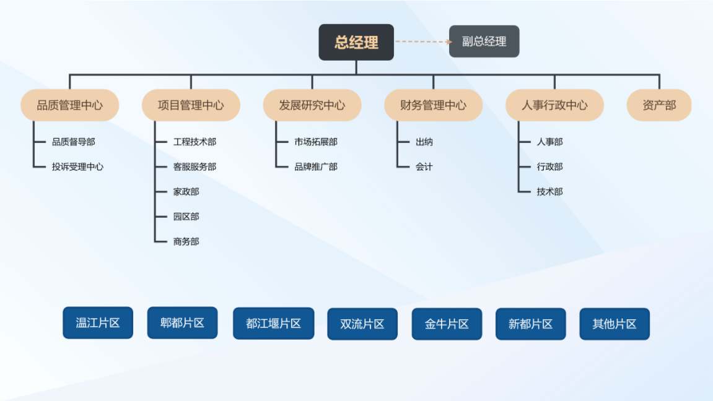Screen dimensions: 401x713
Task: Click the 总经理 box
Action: tap(356, 42)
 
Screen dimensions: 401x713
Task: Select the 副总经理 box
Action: tap(484, 41)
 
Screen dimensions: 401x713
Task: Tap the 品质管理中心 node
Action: tap(69, 105)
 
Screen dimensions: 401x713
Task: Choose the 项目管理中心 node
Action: tap(191, 105)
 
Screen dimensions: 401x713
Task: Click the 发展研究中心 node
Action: tap(312, 105)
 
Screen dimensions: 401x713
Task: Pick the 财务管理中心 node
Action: tap(433, 105)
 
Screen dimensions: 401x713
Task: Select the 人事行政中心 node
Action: tap(554, 105)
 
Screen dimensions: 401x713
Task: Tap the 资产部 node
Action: tap(659, 105)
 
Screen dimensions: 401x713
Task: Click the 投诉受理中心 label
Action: tap(77, 166)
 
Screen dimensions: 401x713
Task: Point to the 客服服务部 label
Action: tap(195, 166)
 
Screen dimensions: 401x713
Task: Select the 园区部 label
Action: tap(186, 217)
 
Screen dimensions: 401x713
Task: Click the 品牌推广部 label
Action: tap(316, 166)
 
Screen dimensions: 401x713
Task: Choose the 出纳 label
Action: tap(424, 142)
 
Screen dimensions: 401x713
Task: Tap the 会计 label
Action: tap(424, 166)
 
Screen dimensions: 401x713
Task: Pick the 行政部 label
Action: tap(549, 166)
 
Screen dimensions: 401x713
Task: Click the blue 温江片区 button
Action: tap(98, 323)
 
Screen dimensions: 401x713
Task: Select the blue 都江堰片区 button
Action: tap(273, 324)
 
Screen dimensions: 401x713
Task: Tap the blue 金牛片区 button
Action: tap(447, 324)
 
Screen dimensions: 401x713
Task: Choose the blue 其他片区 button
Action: tap(615, 324)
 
